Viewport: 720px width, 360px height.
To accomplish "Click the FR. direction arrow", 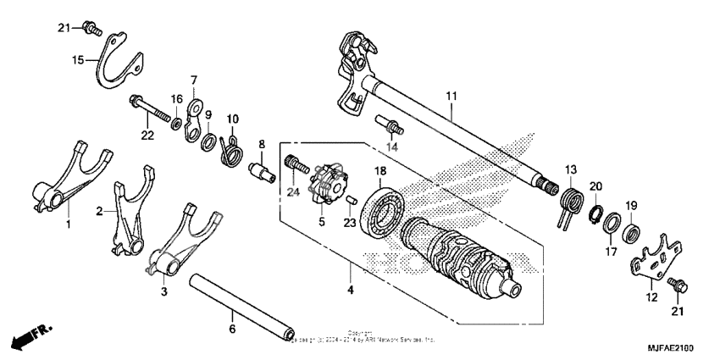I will pyautogui.click(x=27, y=338).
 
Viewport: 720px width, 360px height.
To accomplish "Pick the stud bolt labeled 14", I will pyautogui.click(x=391, y=128).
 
